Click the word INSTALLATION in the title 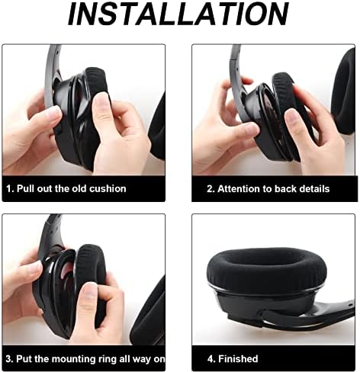point(179,15)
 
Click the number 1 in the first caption point(9,188)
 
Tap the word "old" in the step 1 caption point(76,188)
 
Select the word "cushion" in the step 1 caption point(108,188)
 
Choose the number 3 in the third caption point(9,358)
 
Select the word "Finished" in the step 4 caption point(237,358)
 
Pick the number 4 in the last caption point(201,358)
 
